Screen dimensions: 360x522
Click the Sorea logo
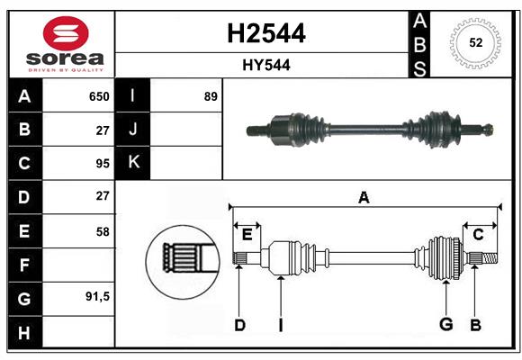click(x=59, y=42)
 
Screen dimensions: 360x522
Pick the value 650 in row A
click(x=98, y=96)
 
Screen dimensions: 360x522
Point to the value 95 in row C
click(x=102, y=164)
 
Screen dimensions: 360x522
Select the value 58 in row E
click(x=102, y=231)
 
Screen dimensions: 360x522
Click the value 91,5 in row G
click(x=97, y=296)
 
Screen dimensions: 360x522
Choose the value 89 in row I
click(x=211, y=96)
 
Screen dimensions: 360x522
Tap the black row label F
click(x=24, y=265)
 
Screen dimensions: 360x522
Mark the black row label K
click(x=133, y=163)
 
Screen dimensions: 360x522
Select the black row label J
click(x=133, y=130)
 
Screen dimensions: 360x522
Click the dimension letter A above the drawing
click(x=364, y=197)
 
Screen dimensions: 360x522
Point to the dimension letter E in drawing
click(x=247, y=235)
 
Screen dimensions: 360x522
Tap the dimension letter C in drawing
click(x=478, y=235)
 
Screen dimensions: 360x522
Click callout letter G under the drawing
click(x=445, y=325)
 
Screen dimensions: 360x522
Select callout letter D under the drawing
click(x=239, y=325)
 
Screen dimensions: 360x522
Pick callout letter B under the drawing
click(x=476, y=325)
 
